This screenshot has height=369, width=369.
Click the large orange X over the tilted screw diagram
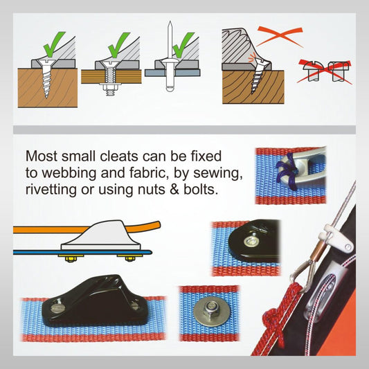[280, 36]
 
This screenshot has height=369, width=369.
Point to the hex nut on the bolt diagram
[110, 88]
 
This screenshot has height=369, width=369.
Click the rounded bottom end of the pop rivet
[170, 89]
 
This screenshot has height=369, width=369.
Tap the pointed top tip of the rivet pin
[170, 22]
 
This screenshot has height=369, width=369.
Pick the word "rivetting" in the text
[51, 190]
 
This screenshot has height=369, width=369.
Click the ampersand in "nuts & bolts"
[174, 190]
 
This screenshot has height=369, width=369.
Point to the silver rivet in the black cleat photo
[250, 240]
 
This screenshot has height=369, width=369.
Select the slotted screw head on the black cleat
[57, 307]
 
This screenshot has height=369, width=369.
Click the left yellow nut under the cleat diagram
[71, 259]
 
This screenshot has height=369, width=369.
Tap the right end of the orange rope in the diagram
[159, 225]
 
